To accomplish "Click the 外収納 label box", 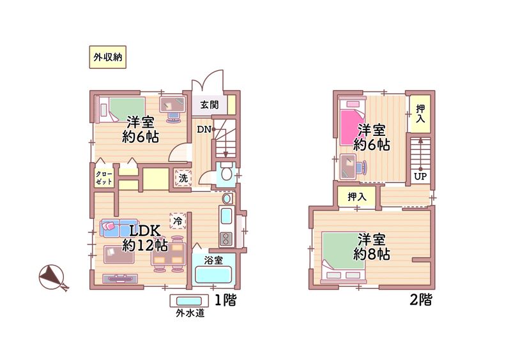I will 105,57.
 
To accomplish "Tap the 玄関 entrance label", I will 208,105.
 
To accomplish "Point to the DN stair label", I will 204,130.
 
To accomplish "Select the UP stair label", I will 420,176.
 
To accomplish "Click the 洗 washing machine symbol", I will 183,178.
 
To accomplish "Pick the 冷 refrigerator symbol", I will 178,221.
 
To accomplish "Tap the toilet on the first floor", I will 225,174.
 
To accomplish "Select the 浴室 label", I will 213,260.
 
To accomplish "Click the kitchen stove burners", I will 226,239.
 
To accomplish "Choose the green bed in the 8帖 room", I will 343,252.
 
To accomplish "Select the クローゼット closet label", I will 103,177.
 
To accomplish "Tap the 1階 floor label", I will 225,300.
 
